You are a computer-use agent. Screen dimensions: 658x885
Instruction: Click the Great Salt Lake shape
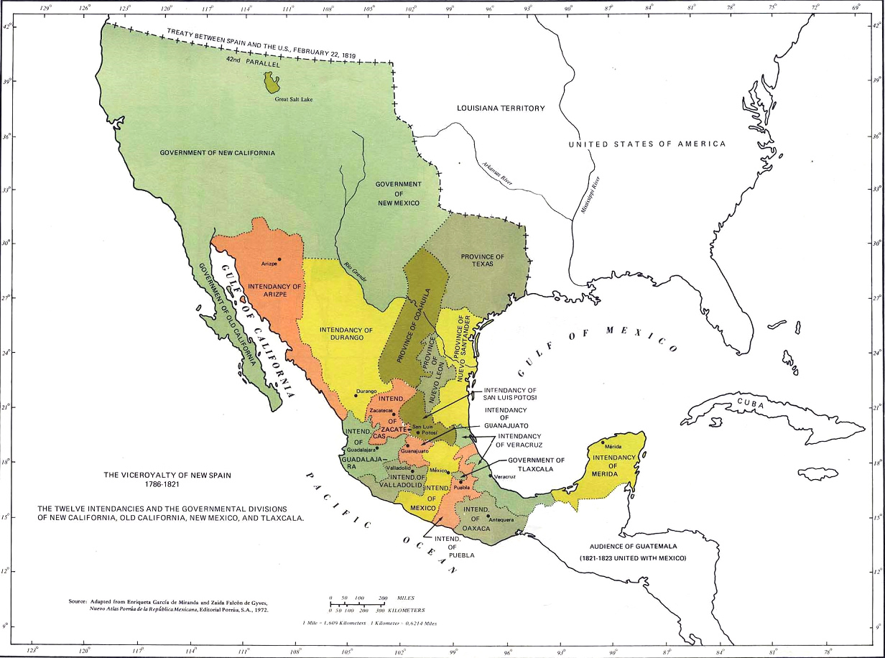(x=272, y=83)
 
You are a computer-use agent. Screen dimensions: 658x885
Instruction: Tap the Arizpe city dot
(x=279, y=259)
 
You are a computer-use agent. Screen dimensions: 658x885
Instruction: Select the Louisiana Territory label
(x=501, y=108)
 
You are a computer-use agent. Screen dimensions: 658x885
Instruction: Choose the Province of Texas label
(x=483, y=261)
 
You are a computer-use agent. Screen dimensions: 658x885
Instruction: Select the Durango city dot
(x=356, y=395)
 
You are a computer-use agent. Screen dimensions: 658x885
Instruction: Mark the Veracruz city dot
(x=491, y=475)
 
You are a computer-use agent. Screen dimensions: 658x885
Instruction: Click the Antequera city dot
(x=488, y=516)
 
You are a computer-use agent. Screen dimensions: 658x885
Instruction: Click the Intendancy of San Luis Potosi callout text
(x=511, y=394)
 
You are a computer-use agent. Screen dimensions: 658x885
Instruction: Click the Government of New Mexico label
(x=398, y=193)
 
